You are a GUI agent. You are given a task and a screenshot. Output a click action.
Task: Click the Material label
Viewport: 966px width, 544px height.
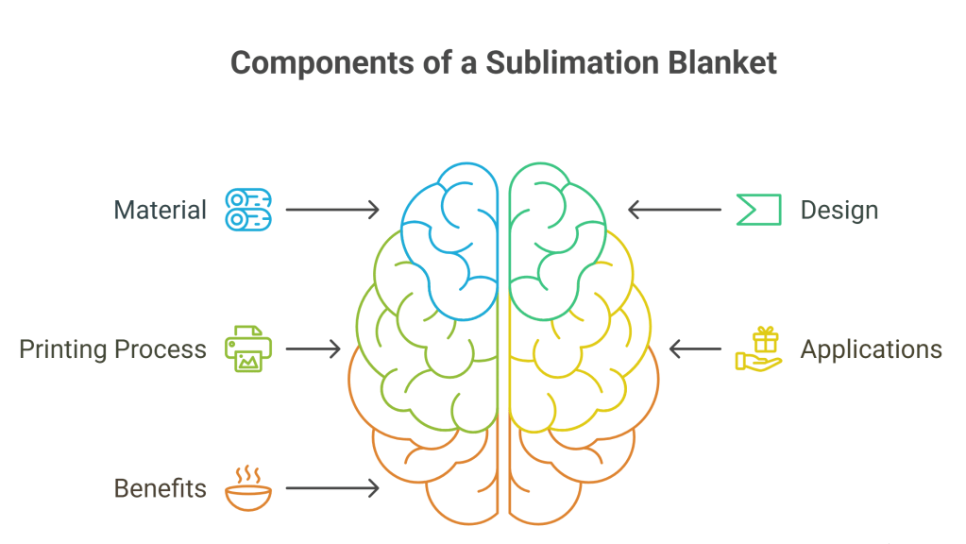[x=160, y=210]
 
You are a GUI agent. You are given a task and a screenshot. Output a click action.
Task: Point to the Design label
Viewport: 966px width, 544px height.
[x=839, y=210]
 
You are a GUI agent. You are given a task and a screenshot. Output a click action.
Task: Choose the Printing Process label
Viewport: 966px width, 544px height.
[x=112, y=349]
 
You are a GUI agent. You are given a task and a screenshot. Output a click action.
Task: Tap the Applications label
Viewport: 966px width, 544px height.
[x=871, y=349]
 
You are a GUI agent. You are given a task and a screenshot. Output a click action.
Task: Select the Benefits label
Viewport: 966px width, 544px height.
[x=160, y=488]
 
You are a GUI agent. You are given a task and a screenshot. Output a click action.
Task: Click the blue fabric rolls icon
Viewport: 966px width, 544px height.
[x=248, y=210]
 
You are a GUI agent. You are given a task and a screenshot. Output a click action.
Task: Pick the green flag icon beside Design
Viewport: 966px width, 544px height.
[x=758, y=210]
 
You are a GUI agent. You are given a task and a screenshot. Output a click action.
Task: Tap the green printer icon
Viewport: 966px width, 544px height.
[x=248, y=348]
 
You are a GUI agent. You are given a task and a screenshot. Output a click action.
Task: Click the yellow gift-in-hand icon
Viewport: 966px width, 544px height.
[x=759, y=348]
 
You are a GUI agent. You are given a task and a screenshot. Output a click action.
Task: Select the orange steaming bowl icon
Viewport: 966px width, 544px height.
[x=248, y=487]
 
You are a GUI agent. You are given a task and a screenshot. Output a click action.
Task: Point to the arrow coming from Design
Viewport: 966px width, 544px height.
[x=674, y=210]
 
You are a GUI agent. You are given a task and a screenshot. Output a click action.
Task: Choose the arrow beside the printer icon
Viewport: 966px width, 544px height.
[x=313, y=349]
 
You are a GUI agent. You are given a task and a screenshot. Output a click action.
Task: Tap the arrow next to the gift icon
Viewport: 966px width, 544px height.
[x=695, y=349]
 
